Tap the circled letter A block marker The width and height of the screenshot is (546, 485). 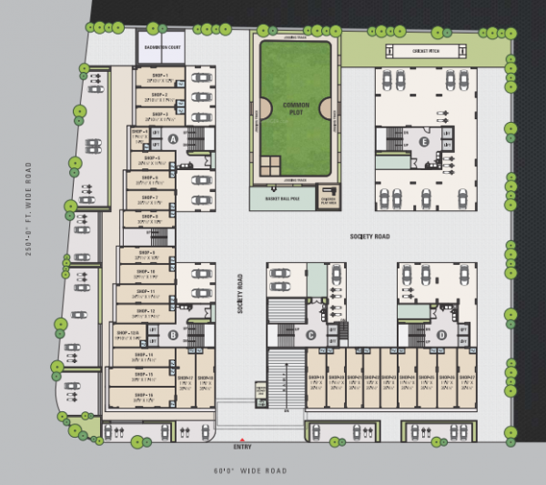point(172,138)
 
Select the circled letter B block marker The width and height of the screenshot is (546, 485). point(172,335)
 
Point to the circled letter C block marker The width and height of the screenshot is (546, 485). point(310,335)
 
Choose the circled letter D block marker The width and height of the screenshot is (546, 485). point(441,335)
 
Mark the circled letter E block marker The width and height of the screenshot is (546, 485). point(423,142)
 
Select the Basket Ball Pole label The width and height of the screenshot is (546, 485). point(279,198)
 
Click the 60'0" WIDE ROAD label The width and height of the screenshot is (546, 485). point(251,470)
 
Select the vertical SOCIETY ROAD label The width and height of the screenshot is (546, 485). point(240,295)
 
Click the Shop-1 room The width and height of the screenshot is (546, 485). point(160,76)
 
